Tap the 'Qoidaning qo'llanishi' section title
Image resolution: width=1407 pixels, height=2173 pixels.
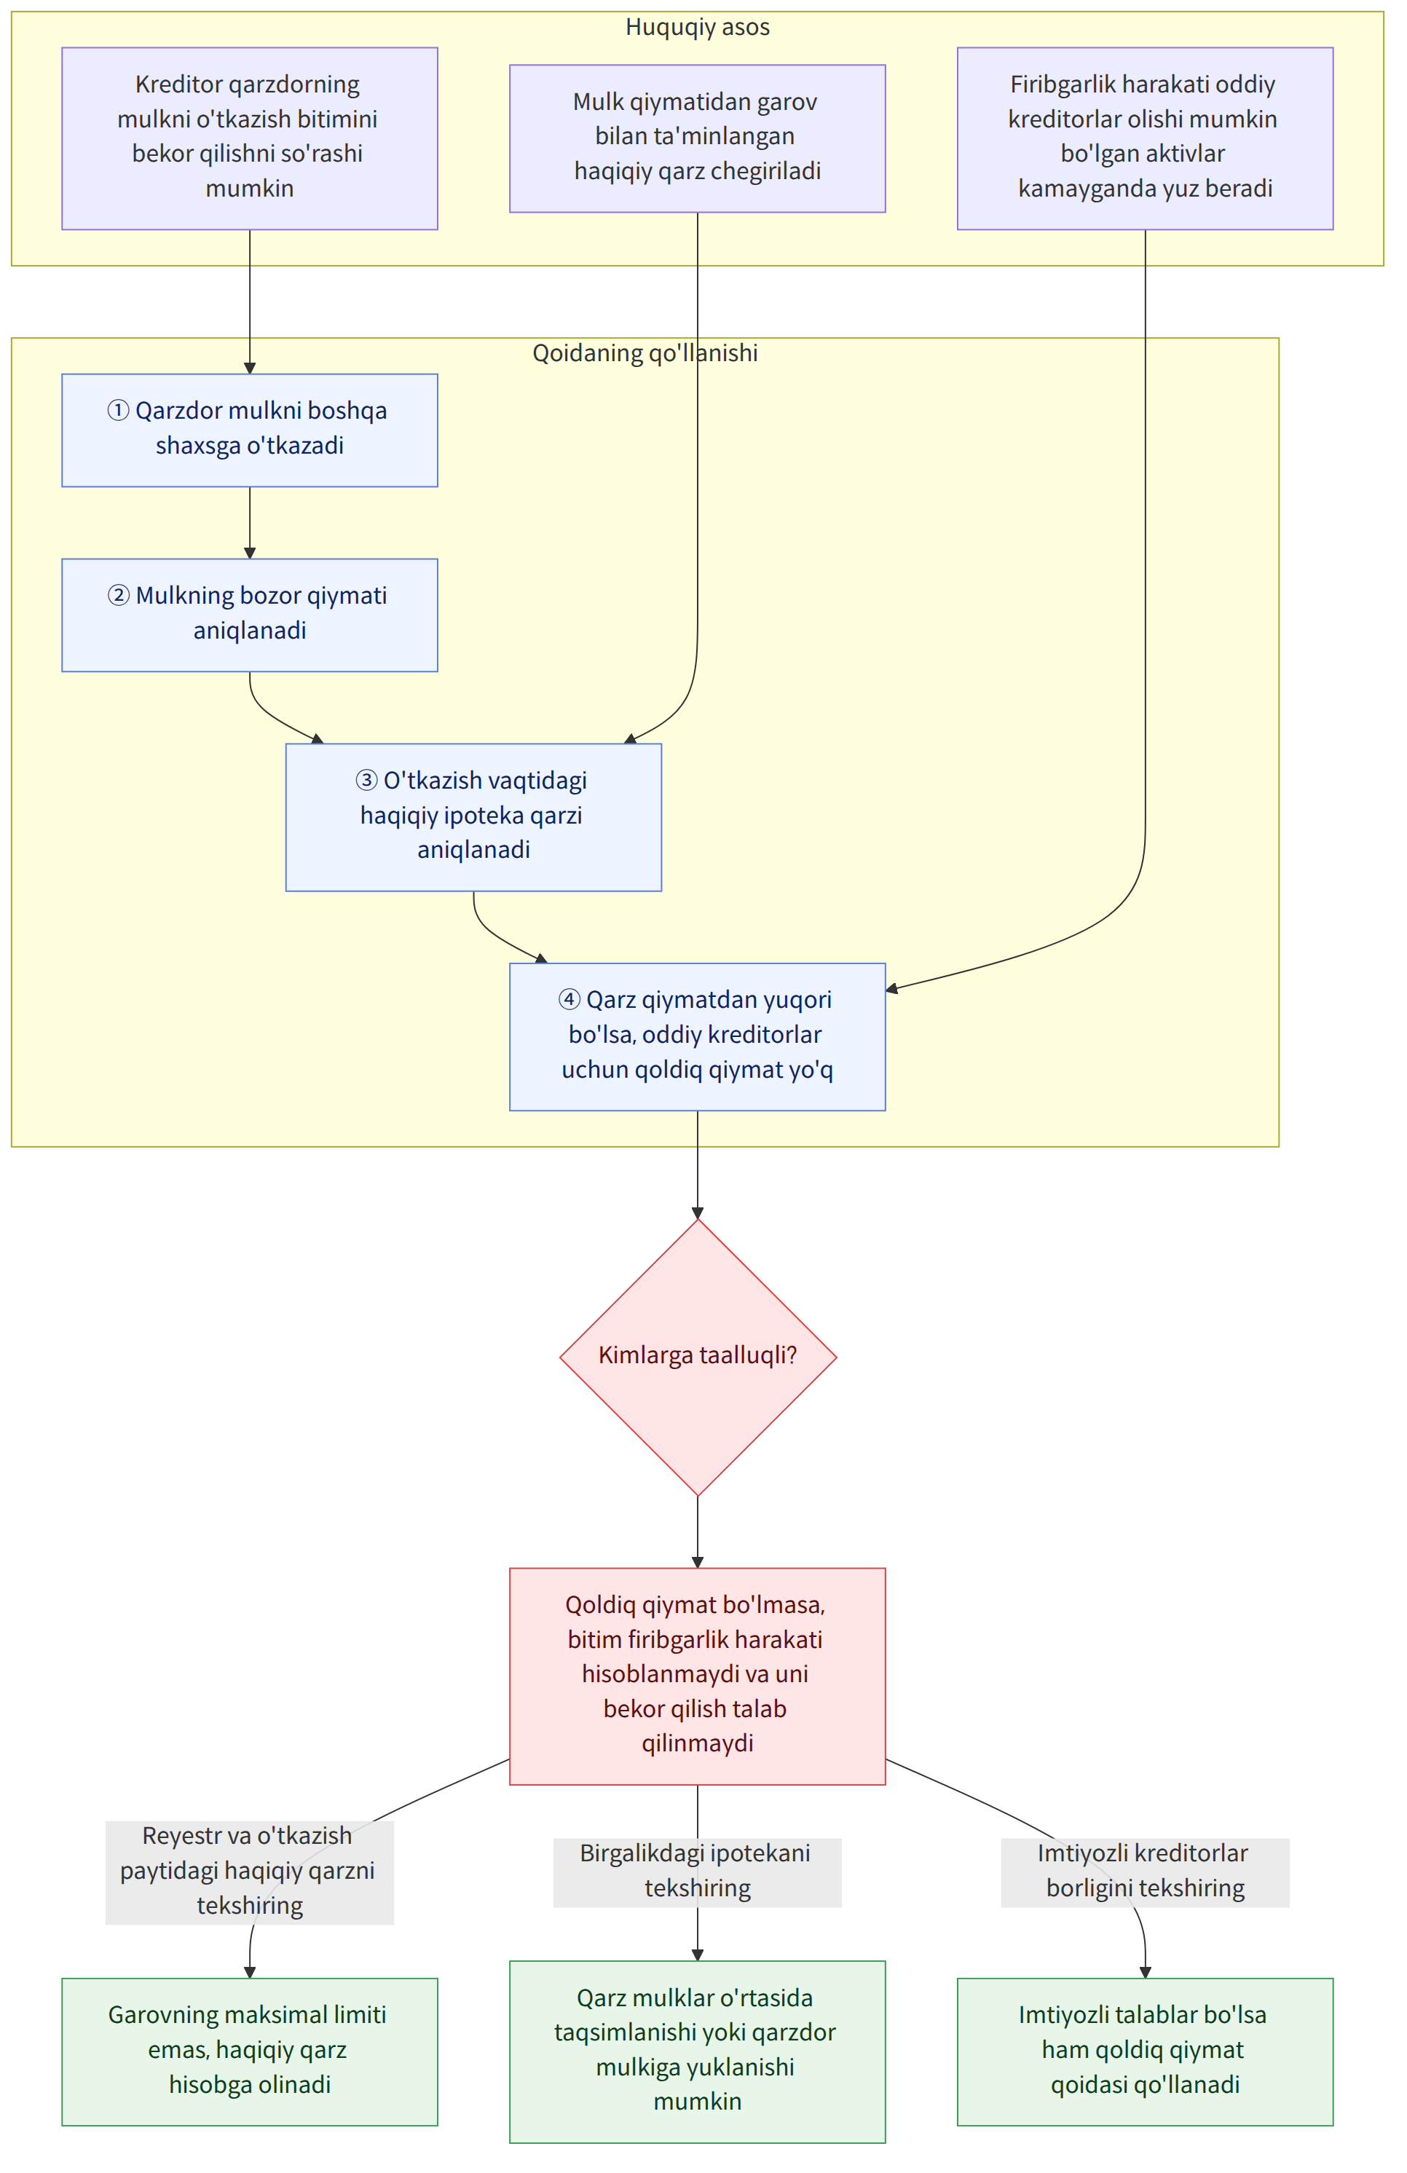[x=645, y=353]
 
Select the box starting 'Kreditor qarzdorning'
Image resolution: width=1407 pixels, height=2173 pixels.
[x=249, y=139]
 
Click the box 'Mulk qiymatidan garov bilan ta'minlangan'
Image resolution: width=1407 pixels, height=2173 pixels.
[x=698, y=139]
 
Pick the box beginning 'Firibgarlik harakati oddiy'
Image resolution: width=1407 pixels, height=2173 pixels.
[x=1145, y=139]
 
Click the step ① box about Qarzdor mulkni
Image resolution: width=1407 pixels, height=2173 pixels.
[x=249, y=430]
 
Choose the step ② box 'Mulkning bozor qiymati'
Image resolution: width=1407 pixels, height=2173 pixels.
[x=249, y=615]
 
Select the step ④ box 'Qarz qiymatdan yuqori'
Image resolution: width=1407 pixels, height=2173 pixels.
[x=698, y=1037]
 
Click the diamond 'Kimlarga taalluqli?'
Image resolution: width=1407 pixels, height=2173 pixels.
[x=698, y=1357]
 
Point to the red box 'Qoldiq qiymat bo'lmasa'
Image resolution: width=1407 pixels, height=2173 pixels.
[x=698, y=1676]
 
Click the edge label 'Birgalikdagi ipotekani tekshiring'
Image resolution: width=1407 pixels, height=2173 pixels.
[x=698, y=1871]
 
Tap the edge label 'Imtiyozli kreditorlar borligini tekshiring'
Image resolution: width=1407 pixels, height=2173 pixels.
[x=1145, y=1871]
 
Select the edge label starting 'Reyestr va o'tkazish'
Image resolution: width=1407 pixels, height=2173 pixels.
[x=249, y=1871]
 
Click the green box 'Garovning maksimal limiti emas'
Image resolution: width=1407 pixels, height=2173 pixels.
[x=249, y=2050]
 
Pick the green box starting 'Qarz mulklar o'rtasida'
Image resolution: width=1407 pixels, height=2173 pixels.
[x=698, y=2050]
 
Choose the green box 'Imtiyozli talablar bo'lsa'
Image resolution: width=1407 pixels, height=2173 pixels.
[x=1145, y=2050]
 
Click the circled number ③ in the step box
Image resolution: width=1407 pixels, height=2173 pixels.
[x=366, y=781]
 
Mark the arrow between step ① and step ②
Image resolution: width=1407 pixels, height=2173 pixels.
[x=249, y=523]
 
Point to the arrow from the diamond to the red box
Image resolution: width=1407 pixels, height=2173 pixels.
[x=698, y=1532]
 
